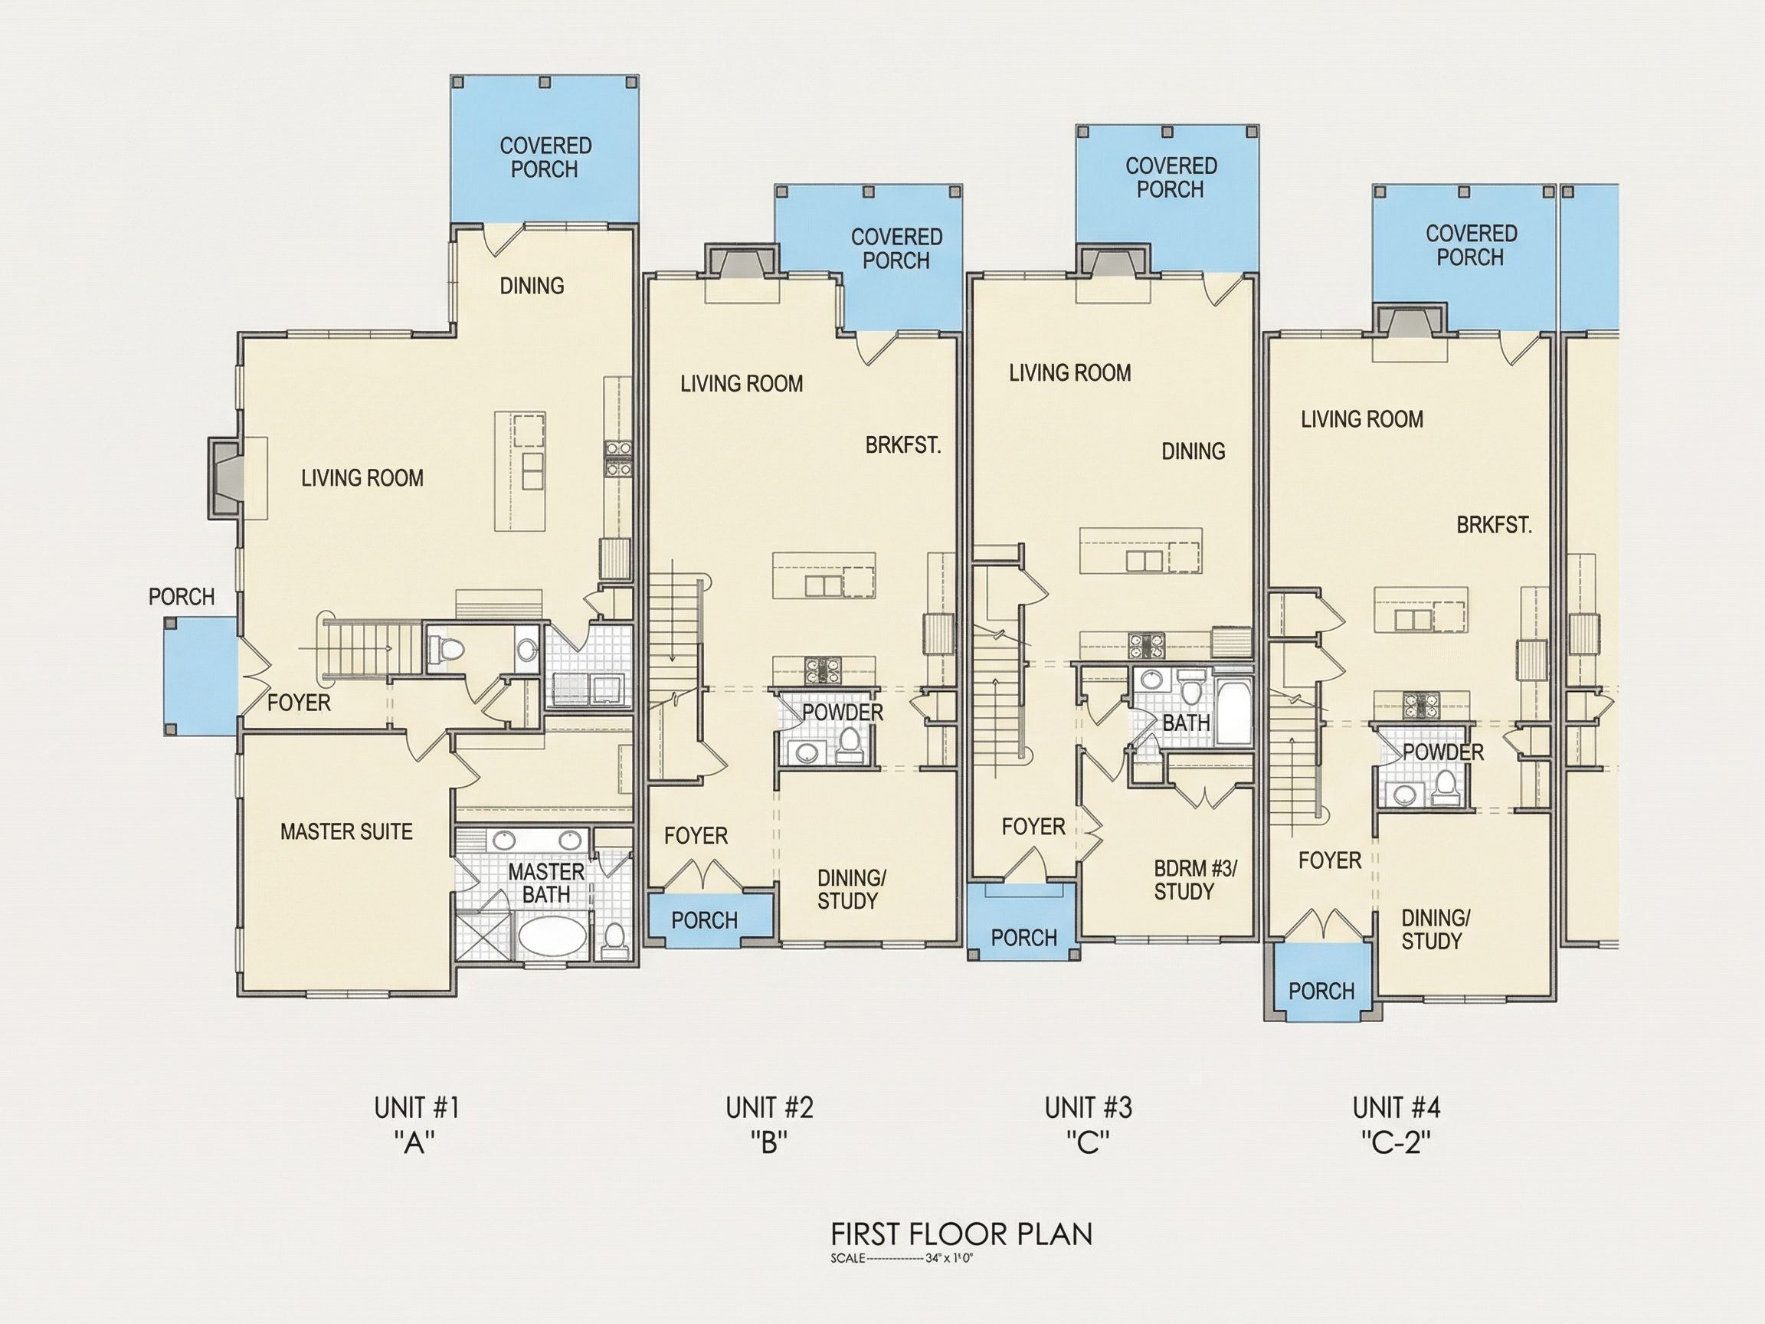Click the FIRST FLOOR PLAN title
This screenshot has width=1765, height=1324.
[x=961, y=1234]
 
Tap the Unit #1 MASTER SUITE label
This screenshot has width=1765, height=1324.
[x=346, y=831]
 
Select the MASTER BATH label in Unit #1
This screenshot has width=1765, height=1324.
[x=546, y=883]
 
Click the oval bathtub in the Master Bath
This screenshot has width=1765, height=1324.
[x=552, y=935]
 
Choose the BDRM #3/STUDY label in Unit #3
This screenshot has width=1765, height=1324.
[x=1194, y=880]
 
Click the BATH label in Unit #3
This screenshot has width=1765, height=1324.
[x=1187, y=723]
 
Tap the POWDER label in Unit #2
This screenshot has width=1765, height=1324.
[x=843, y=713]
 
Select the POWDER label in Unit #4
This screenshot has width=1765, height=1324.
[x=1443, y=752]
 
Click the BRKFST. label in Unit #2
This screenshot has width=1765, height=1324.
[x=903, y=445]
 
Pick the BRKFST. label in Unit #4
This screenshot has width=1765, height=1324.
[x=1494, y=525]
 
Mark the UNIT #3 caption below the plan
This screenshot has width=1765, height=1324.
[x=1089, y=1108]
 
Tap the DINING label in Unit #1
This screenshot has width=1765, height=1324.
[x=532, y=286]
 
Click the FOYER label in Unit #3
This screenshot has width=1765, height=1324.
[x=1033, y=827]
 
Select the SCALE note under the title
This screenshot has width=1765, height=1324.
[x=902, y=1260]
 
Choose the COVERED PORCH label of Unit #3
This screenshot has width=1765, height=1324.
[x=1171, y=178]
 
